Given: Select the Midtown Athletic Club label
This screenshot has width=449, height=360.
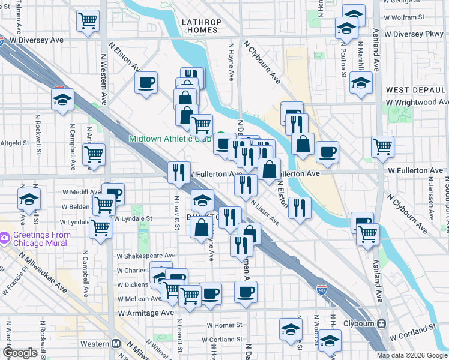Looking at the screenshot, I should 171,139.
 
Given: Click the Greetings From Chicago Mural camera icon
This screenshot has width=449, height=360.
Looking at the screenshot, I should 5,238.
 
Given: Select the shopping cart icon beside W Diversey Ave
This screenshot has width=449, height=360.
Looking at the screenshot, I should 88,21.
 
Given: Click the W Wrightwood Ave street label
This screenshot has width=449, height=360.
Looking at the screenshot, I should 416,102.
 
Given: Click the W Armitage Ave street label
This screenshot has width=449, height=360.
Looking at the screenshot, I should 146,313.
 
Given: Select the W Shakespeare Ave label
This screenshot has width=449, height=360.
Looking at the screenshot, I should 146,255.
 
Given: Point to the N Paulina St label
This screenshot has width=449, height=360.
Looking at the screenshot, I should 344,60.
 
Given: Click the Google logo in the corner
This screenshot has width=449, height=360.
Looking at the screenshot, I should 20,353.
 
